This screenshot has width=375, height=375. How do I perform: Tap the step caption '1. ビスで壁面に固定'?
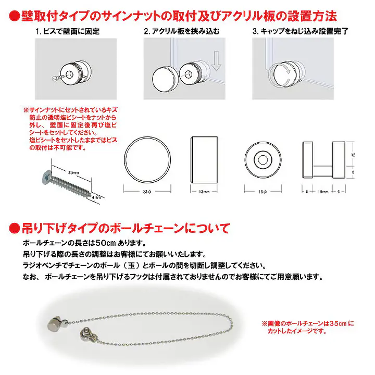[x=68, y=32]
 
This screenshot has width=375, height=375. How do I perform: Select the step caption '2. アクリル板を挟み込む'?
[x=182, y=32]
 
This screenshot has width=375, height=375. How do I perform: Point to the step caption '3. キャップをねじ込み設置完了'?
[x=300, y=32]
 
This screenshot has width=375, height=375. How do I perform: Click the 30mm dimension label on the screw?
[x=74, y=172]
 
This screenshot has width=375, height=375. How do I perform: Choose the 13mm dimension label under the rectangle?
[x=203, y=191]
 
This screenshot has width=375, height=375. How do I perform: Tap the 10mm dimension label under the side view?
[x=323, y=191]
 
